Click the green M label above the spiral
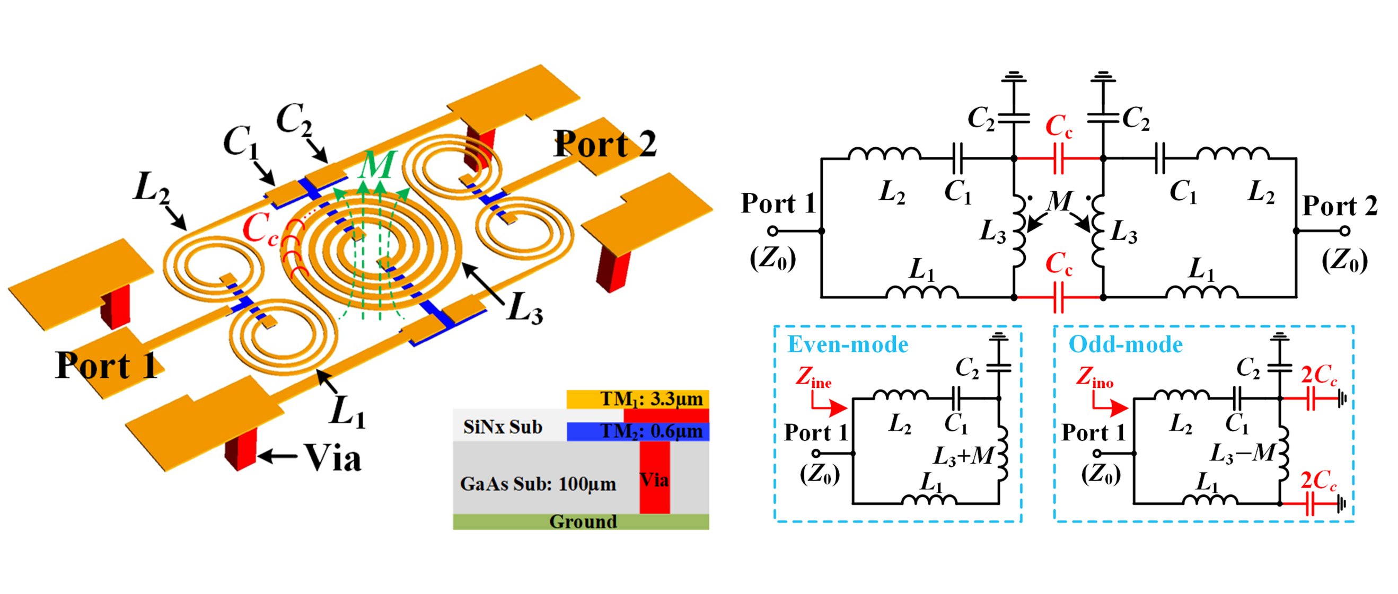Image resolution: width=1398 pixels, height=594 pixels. coord(379,165)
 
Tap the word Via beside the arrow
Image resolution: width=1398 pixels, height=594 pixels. coord(332,457)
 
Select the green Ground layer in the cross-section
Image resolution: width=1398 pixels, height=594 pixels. coord(581,521)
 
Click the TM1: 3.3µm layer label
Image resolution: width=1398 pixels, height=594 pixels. coord(650,399)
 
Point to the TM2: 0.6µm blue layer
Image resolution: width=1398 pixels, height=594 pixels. coord(650,431)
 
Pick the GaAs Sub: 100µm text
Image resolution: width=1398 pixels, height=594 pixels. coord(538,483)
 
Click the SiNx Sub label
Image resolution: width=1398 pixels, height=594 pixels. coord(503,427)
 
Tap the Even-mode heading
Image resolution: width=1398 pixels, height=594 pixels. coord(848,344)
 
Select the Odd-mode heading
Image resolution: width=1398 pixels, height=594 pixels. coord(1125,344)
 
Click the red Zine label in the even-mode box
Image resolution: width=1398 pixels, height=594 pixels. coord(813,377)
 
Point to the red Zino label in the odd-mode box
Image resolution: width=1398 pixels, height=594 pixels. coord(1094,377)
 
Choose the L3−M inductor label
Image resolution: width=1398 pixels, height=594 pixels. coord(1242,453)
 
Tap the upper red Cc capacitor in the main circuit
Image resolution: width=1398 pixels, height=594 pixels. coord(1058,158)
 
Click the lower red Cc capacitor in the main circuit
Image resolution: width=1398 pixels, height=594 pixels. coord(1058,297)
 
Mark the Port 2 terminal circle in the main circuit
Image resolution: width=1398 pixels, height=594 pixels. coord(1344,230)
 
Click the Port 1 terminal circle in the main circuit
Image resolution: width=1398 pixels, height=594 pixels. coord(773,230)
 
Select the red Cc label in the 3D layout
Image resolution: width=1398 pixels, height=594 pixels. coord(259,229)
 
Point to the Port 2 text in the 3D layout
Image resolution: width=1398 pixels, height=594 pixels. coord(604,144)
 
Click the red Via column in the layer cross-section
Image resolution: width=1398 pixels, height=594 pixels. coord(655,477)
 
